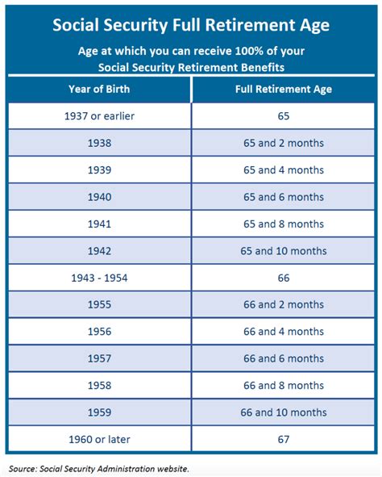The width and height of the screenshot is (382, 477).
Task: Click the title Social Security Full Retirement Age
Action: [191, 24]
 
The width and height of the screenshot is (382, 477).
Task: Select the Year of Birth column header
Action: [99, 89]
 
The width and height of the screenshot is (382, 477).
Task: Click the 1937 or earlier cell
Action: [99, 115]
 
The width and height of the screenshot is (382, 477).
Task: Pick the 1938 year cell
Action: [99, 143]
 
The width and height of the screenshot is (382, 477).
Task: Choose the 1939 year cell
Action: [99, 169]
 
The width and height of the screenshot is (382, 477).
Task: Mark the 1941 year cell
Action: [99, 224]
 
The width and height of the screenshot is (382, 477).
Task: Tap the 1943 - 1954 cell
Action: [99, 278]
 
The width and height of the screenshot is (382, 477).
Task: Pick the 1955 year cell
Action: [99, 305]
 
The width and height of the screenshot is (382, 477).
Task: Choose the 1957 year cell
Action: [99, 358]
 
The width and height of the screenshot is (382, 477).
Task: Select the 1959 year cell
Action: [99, 412]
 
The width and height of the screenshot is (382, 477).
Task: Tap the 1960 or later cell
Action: [99, 440]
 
